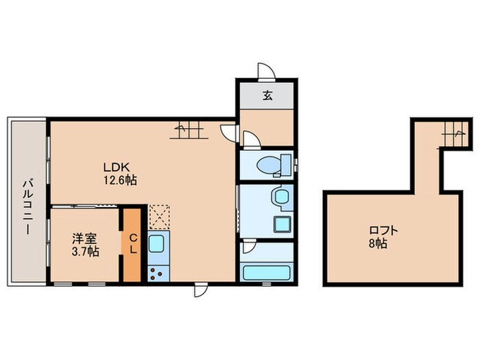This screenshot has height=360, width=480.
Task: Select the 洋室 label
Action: point(86,239)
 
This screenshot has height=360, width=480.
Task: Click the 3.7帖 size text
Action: point(86,252)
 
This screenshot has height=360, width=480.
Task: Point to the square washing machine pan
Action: point(280,224)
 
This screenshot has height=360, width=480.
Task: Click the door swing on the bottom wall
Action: point(200,289)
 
